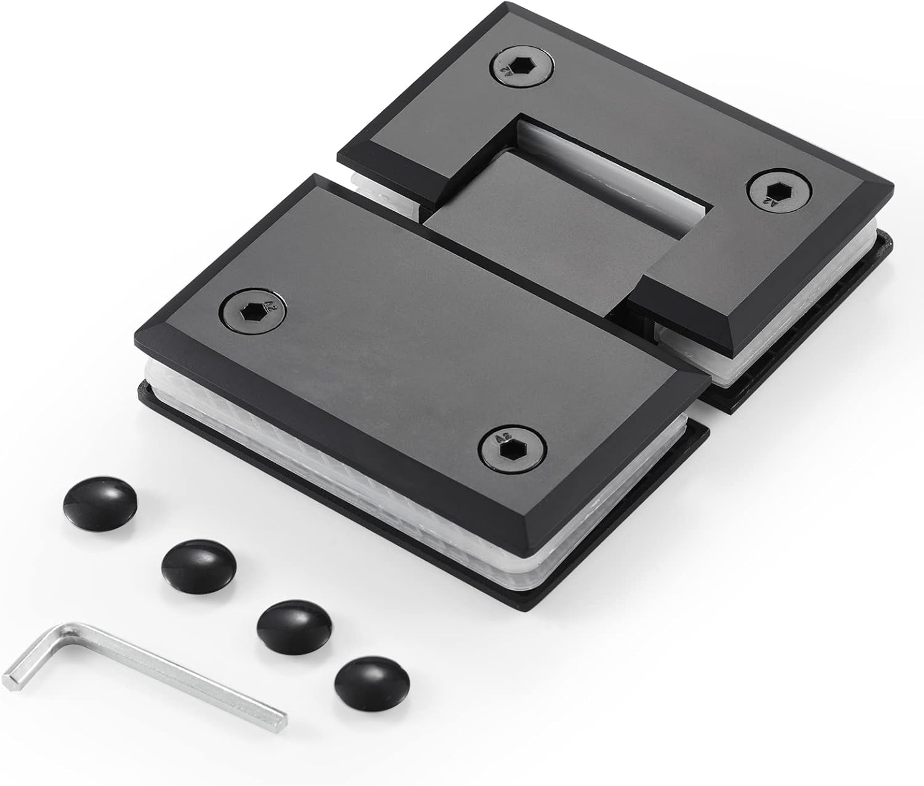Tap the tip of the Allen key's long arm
pyautogui.click(x=282, y=718)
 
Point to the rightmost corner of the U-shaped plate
pyautogui.click(x=891, y=185)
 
